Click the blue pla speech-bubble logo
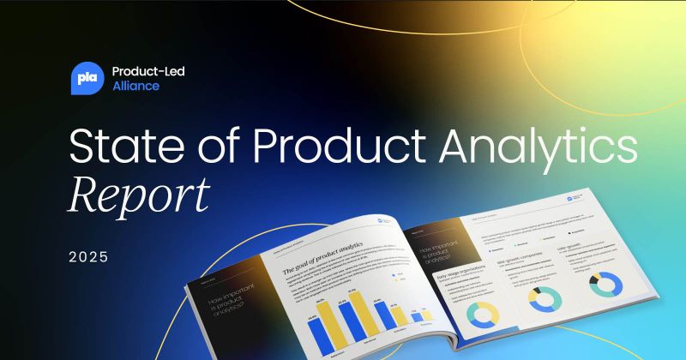pyautogui.click(x=87, y=78)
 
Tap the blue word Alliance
pyautogui.click(x=135, y=87)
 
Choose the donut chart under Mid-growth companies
pyautogui.click(x=545, y=299)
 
